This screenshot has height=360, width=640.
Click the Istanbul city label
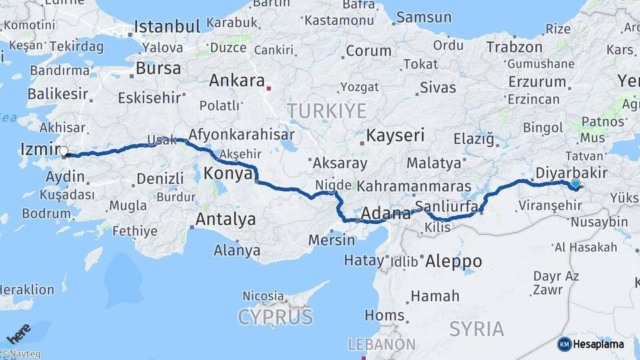[167, 27]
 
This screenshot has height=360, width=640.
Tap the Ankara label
[237, 81]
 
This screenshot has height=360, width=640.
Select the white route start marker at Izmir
[64, 151]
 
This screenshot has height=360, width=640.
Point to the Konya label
[227, 173]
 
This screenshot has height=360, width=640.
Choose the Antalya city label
[225, 219]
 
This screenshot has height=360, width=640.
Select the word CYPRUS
[275, 316]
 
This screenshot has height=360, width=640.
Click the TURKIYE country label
[327, 110]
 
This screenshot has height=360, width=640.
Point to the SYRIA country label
[477, 328]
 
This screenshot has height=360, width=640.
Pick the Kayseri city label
[395, 135]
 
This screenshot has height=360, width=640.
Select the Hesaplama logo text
[599, 344]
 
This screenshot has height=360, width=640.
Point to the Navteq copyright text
[21, 354]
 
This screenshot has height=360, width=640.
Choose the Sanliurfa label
[446, 205]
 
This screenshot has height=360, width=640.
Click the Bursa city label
[158, 68]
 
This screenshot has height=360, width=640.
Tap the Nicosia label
[263, 295]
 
